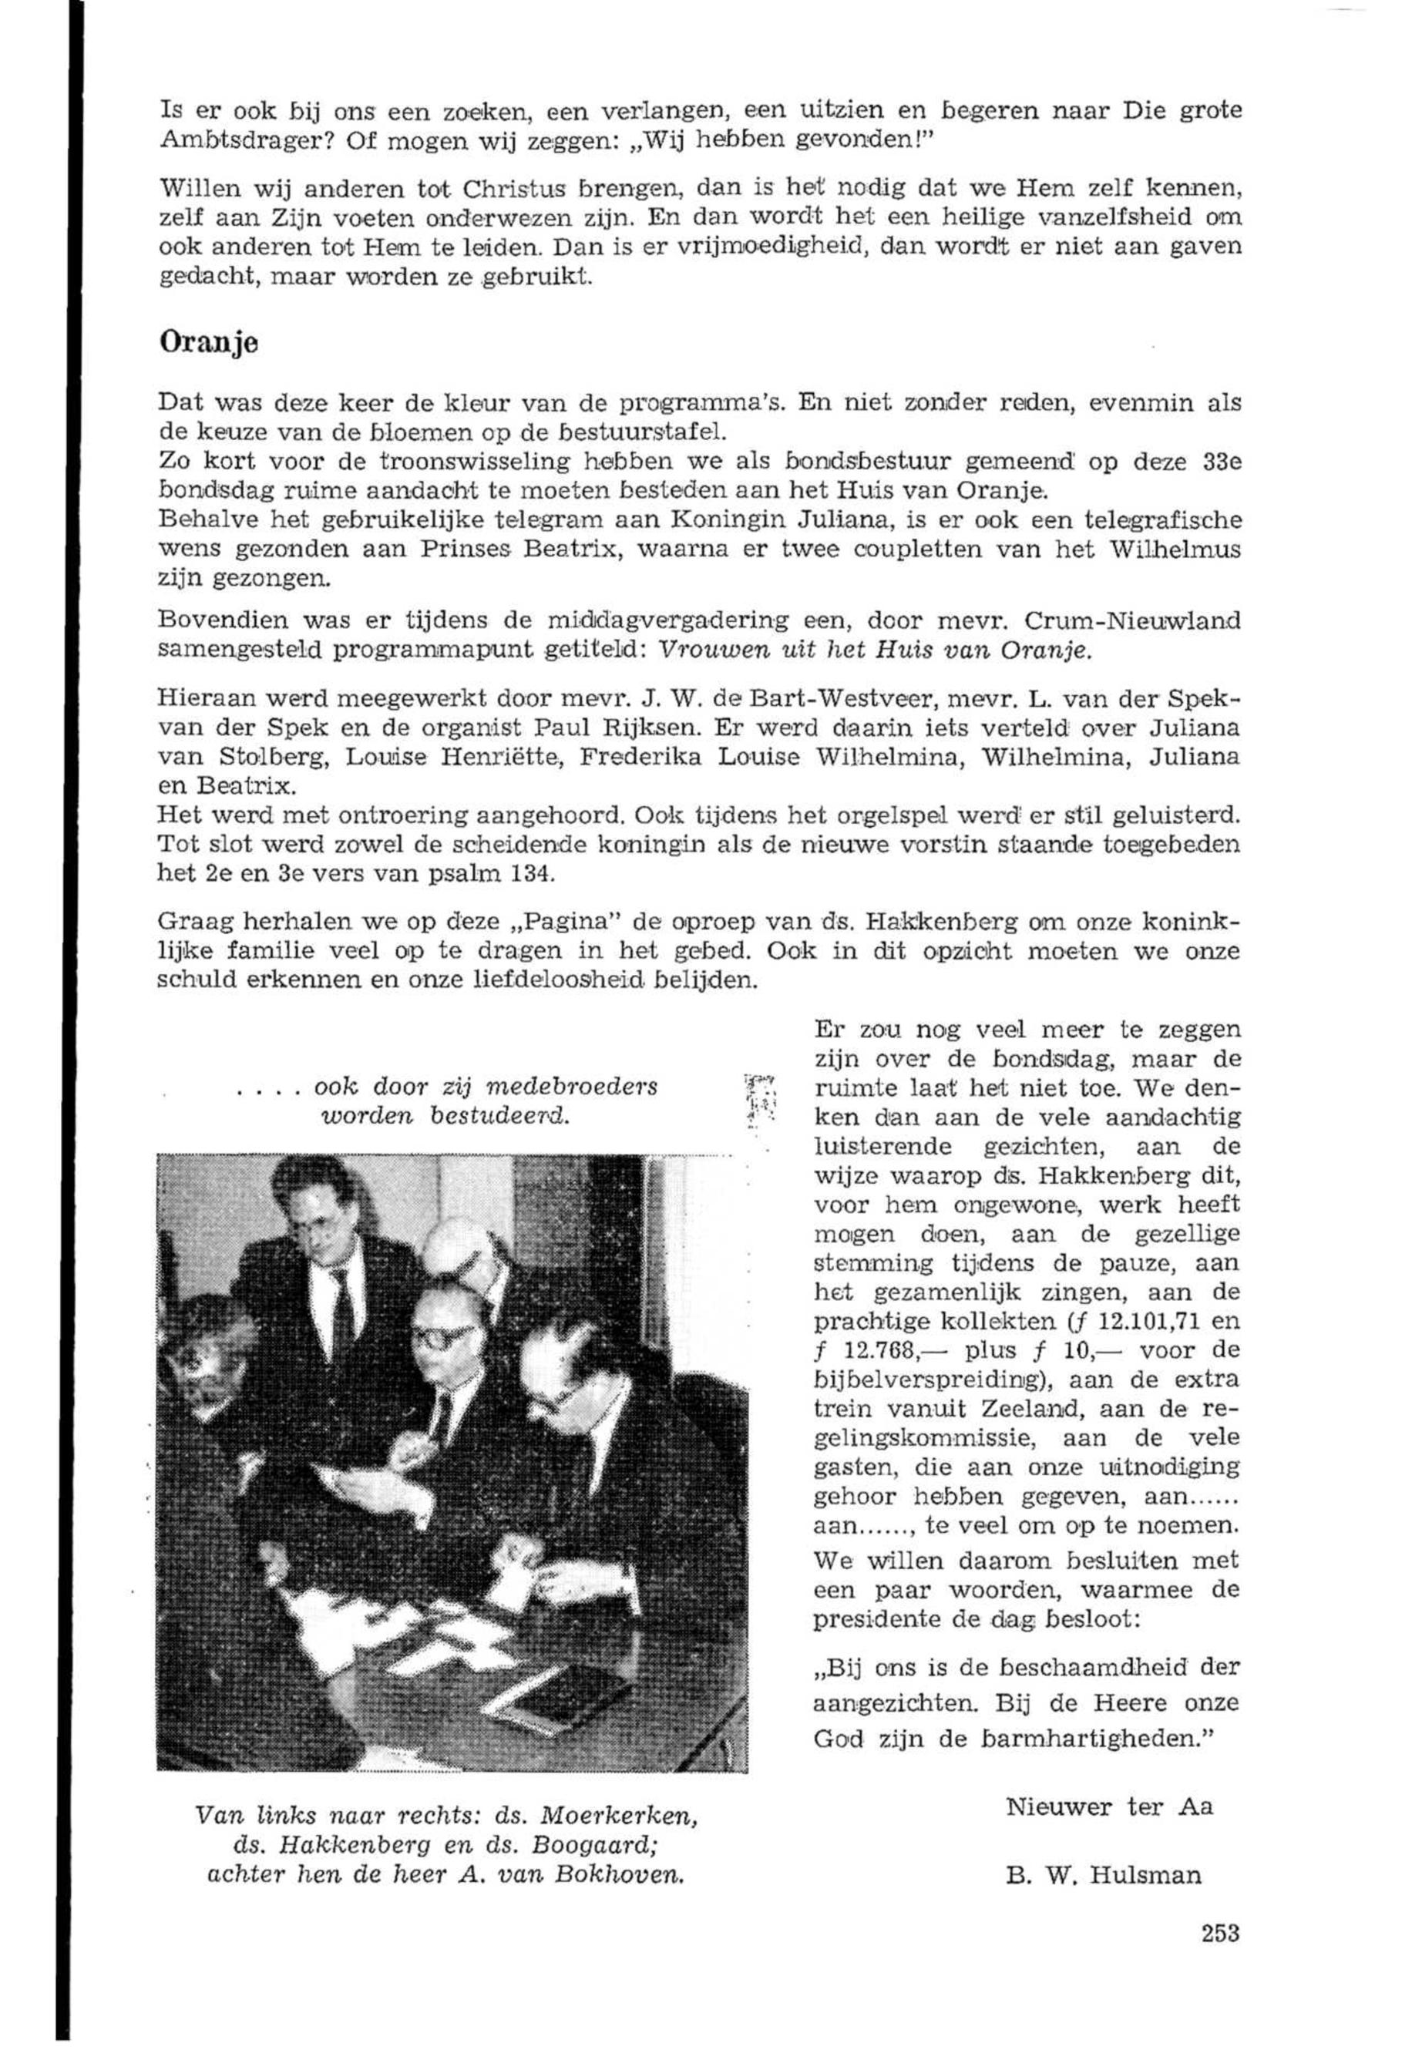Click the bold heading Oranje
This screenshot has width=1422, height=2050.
(209, 343)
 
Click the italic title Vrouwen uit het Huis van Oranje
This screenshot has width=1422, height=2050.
(872, 650)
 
